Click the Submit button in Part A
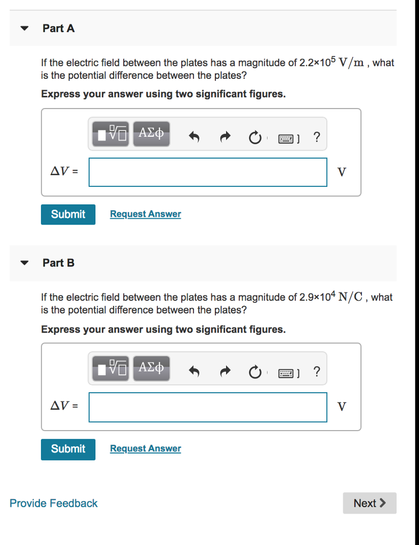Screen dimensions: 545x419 pyautogui.click(x=68, y=214)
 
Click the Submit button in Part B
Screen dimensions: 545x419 pyautogui.click(x=68, y=449)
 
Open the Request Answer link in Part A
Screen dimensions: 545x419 pyautogui.click(x=146, y=214)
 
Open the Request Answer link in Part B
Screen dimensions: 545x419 pyautogui.click(x=146, y=449)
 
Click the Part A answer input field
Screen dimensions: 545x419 pyautogui.click(x=208, y=172)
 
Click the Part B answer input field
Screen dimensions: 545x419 pyautogui.click(x=208, y=407)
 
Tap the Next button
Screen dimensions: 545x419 pyautogui.click(x=369, y=503)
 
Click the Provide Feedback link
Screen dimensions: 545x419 pyautogui.click(x=54, y=503)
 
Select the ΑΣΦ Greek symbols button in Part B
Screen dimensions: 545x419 pyautogui.click(x=151, y=368)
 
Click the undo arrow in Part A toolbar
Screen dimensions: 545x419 pyautogui.click(x=194, y=138)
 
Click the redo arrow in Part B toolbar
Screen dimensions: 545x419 pyautogui.click(x=225, y=373)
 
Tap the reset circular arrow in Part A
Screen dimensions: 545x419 pyautogui.click(x=255, y=138)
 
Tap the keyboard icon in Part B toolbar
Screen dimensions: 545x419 pyautogui.click(x=286, y=373)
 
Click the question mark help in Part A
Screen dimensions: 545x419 pyautogui.click(x=317, y=137)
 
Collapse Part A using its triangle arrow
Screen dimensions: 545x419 pyautogui.click(x=23, y=29)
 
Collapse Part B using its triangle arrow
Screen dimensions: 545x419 pyautogui.click(x=23, y=263)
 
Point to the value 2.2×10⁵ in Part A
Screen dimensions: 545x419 pyautogui.click(x=317, y=62)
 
